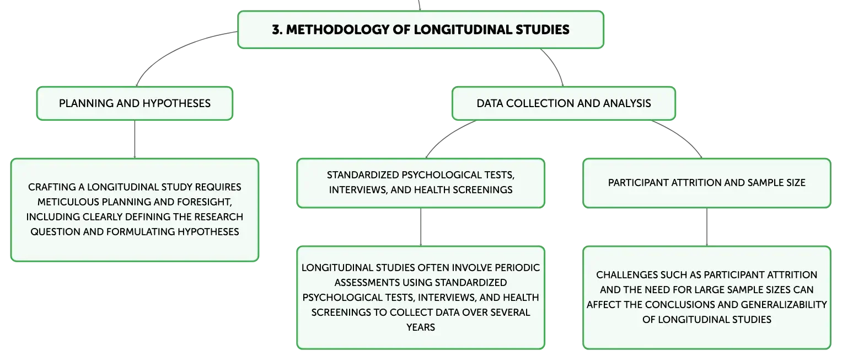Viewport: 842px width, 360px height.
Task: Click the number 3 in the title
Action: [x=276, y=30]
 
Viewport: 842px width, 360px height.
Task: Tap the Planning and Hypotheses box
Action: [x=135, y=104]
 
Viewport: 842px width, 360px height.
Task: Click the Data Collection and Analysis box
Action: [x=564, y=104]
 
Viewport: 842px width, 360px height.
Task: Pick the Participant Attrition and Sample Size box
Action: [x=707, y=183]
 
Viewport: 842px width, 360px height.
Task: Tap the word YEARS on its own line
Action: [x=421, y=327]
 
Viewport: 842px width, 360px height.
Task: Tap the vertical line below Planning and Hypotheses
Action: [x=135, y=139]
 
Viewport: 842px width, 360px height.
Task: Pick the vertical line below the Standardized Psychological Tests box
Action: [x=421, y=227]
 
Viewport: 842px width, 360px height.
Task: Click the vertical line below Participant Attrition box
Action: [x=707, y=227]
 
